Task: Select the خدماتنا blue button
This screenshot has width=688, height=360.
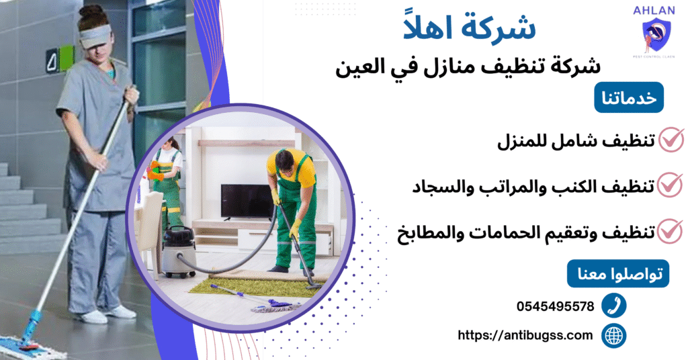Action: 629,99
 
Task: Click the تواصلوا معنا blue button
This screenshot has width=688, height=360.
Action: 618,274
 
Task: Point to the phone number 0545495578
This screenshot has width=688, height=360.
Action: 555,306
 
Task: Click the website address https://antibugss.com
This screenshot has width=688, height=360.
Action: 525,334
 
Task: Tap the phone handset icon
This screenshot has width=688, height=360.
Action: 613,306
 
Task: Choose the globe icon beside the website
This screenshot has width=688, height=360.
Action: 613,335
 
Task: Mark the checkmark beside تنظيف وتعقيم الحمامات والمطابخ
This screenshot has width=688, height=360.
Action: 670,230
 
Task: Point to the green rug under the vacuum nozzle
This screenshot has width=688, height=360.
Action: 255,286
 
